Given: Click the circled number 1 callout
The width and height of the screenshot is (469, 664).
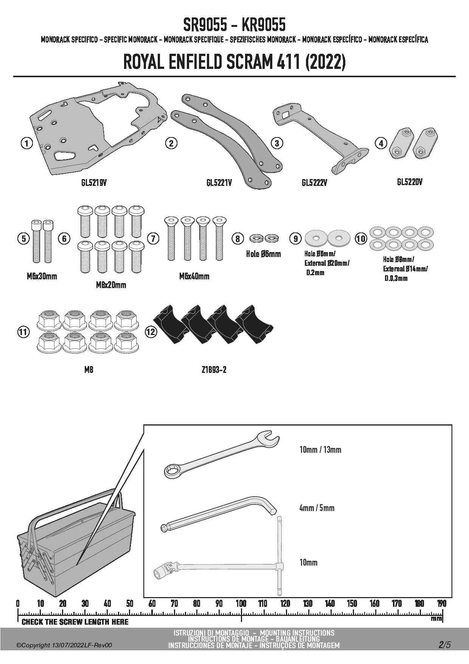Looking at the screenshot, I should tap(26, 143).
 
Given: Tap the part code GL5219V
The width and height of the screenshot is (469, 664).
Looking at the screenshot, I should tap(94, 182).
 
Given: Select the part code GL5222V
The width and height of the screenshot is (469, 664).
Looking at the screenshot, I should tap(314, 183).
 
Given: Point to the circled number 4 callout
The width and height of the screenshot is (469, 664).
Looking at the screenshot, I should tap(381, 143).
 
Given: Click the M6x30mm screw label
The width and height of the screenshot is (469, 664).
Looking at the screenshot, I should tap(42, 276).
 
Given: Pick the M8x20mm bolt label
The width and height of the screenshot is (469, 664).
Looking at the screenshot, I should tap(111, 285).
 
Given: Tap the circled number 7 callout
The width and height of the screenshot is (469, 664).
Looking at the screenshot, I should tap(153, 238).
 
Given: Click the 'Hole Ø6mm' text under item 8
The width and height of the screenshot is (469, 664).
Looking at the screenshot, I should tap(263, 254).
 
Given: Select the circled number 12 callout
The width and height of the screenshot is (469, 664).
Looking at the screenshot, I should tap(151, 332).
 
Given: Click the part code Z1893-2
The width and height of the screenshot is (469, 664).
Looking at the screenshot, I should tap(214, 370).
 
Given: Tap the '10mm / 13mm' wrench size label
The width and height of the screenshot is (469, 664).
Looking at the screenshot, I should tap(320, 450).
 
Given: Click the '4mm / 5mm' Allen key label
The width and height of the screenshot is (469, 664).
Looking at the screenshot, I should tap(317, 508).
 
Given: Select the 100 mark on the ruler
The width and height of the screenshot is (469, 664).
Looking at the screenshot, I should tap(241, 603).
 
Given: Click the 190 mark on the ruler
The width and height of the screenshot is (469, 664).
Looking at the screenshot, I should tap(441, 603).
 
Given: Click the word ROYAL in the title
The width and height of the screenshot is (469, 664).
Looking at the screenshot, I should tap(144, 62).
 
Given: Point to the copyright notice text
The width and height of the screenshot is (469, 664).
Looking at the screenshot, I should tap(64, 645).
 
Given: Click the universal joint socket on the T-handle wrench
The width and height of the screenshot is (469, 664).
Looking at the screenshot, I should tap(165, 569).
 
